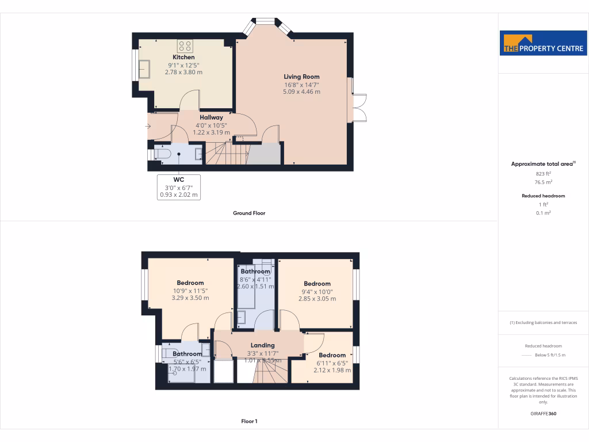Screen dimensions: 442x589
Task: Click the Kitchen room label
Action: (183, 57)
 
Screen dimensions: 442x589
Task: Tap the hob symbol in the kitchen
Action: (184, 45)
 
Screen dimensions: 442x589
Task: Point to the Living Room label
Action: (301, 77)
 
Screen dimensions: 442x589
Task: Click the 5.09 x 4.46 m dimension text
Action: (301, 92)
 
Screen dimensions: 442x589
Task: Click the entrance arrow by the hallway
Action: (149, 125)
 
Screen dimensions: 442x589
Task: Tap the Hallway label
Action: (211, 117)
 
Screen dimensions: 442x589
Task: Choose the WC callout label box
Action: (178, 187)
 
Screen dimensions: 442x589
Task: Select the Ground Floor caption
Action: (249, 213)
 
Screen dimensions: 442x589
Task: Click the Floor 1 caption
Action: (249, 421)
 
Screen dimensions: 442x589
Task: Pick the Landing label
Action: (262, 345)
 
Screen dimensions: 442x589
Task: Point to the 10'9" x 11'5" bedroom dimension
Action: (190, 291)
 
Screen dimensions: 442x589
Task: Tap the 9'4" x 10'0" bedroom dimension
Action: (317, 291)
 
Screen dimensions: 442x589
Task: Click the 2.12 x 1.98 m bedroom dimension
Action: (332, 370)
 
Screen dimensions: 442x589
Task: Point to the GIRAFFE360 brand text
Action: (544, 414)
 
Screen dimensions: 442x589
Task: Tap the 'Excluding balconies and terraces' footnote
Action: (544, 322)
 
